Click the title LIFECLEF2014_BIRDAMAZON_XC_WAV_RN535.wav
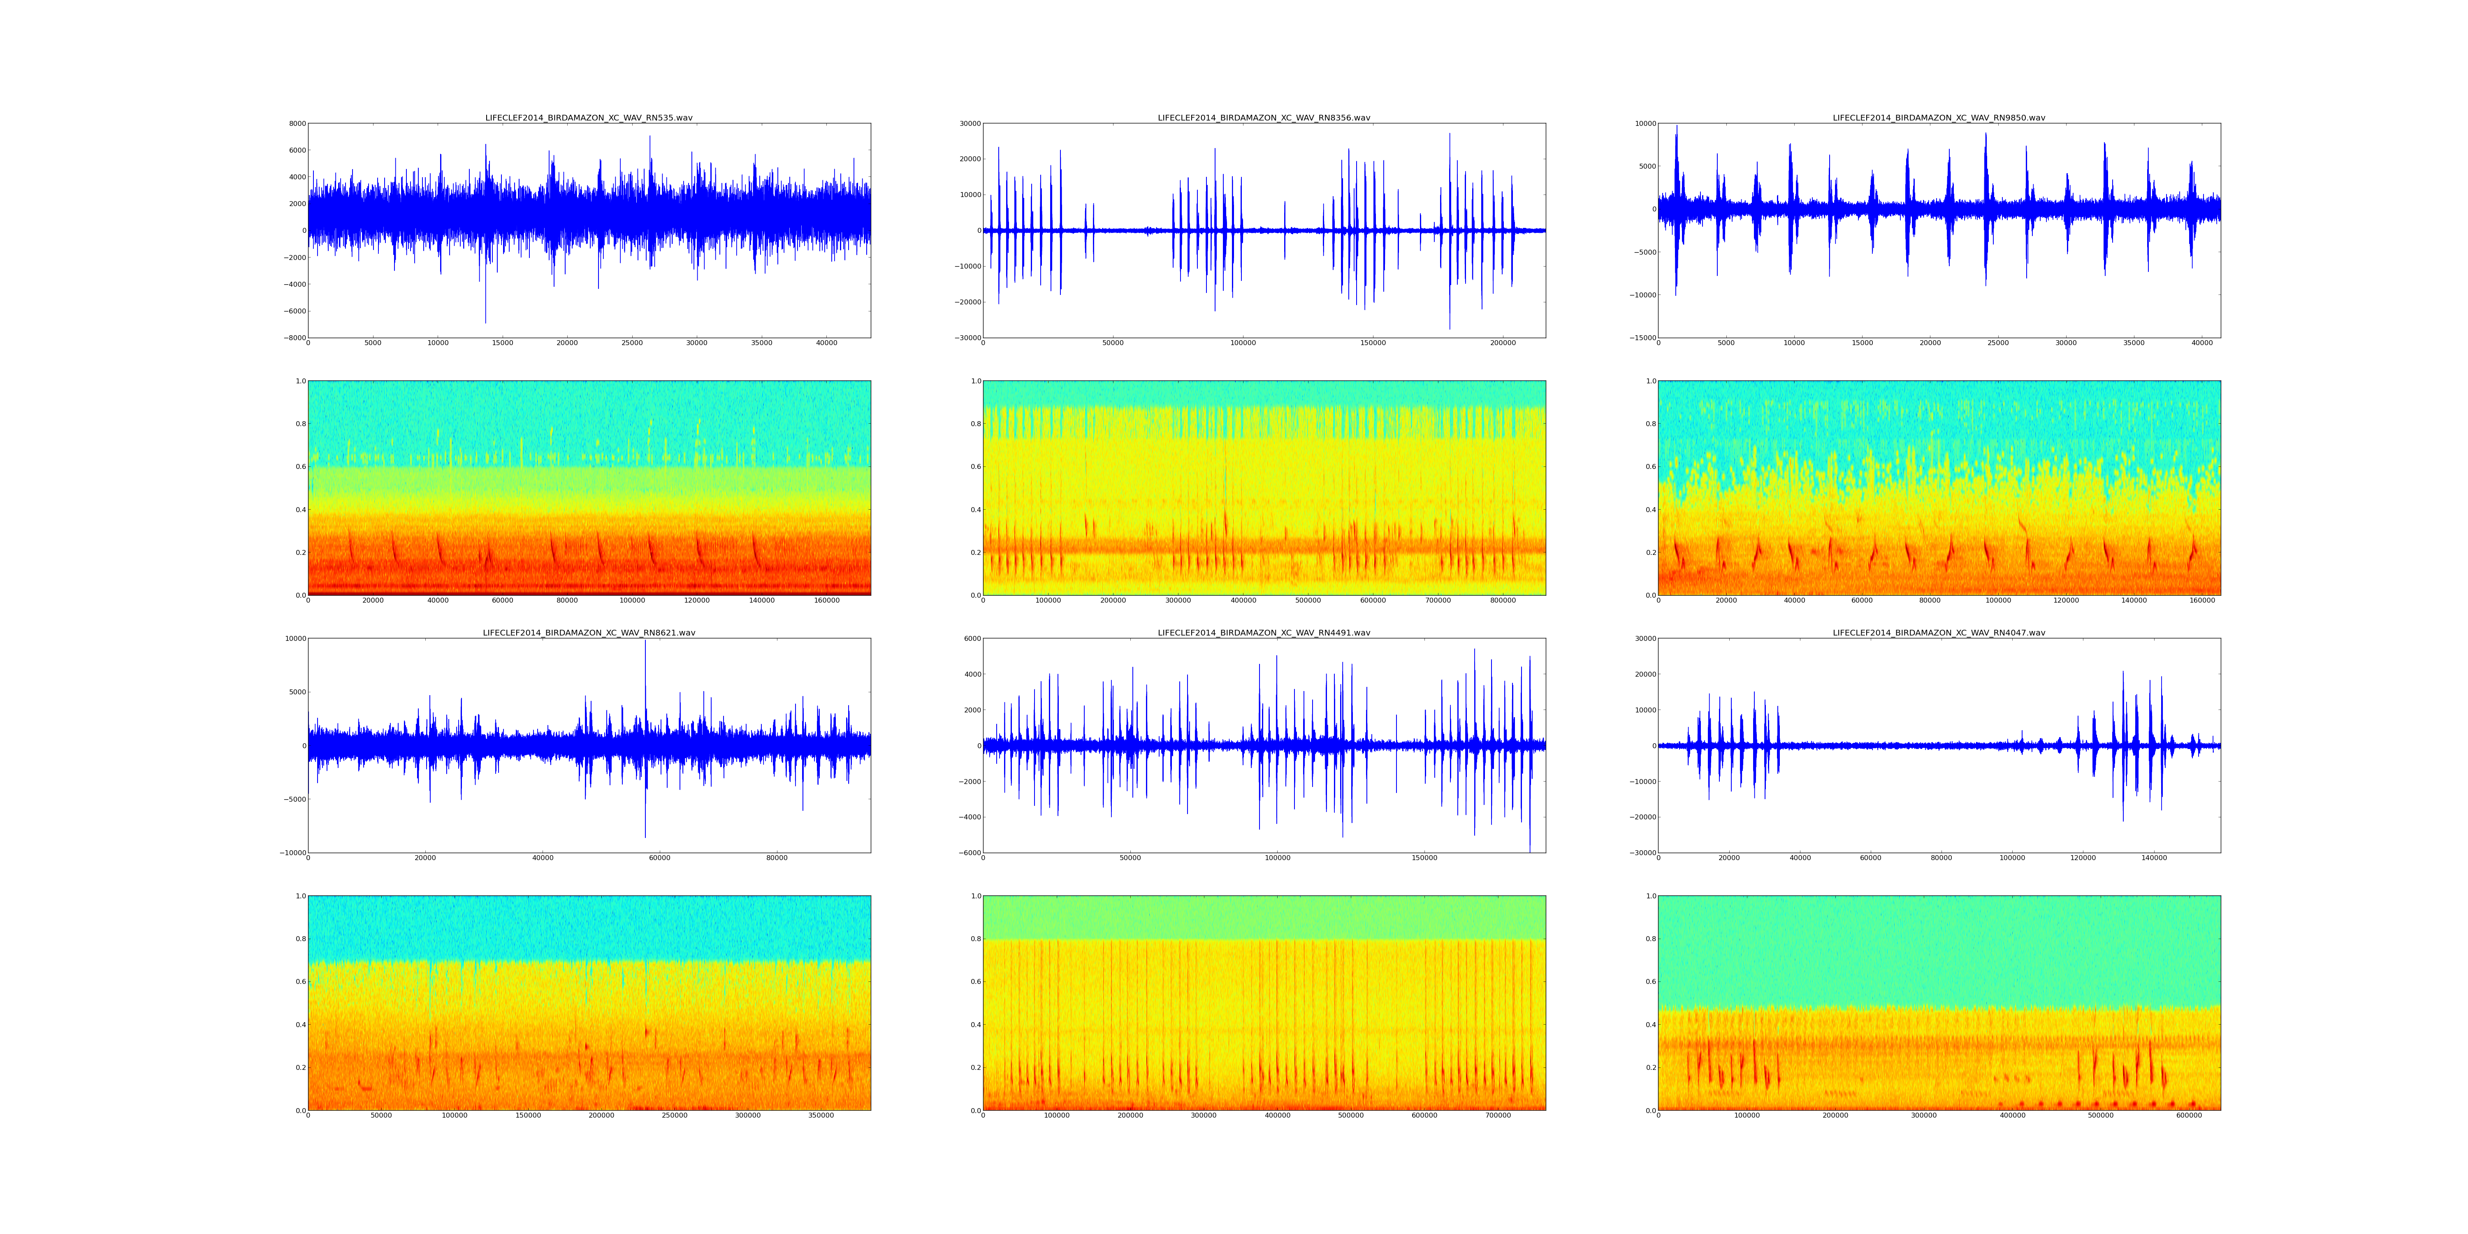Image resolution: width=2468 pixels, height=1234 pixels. coord(588,118)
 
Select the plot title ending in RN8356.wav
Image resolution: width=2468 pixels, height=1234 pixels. coord(1264,118)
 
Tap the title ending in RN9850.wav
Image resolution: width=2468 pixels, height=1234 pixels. coord(1938,118)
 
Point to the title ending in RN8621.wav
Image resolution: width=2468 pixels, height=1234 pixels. coord(588,632)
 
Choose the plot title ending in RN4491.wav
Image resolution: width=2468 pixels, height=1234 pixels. coord(1264,632)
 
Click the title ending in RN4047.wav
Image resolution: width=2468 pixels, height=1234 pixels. coord(1938,632)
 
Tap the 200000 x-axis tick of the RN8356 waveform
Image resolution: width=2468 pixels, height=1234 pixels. coord(1503,343)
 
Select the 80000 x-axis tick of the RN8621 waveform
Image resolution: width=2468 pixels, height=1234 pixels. coord(777,858)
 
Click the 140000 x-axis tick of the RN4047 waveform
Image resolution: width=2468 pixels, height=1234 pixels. coord(2154,858)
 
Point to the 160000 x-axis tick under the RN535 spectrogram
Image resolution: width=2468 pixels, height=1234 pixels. coord(827,601)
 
